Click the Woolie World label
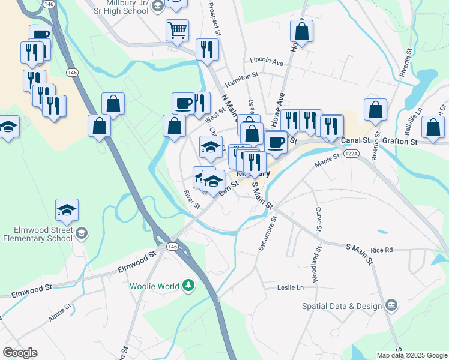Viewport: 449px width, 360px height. pyautogui.click(x=155, y=285)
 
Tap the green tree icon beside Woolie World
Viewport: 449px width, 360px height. pyautogui.click(x=189, y=284)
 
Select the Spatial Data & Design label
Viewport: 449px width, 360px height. pyautogui.click(x=342, y=306)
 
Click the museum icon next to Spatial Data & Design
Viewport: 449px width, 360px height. pyautogui.click(x=391, y=306)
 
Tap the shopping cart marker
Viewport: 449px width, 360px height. pyautogui.click(x=177, y=30)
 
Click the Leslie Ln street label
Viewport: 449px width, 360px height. pyautogui.click(x=291, y=288)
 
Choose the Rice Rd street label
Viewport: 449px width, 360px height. pyautogui.click(x=381, y=250)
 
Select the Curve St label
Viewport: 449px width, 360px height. pyautogui.click(x=319, y=220)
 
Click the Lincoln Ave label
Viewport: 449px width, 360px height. pyautogui.click(x=267, y=62)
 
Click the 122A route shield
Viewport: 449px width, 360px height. pyautogui.click(x=351, y=154)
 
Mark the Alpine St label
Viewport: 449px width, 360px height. pyautogui.click(x=60, y=314)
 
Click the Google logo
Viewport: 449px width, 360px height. pyautogui.click(x=20, y=353)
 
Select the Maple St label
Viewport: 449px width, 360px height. pyautogui.click(x=327, y=162)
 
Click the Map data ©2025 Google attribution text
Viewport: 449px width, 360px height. pyautogui.click(x=411, y=355)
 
